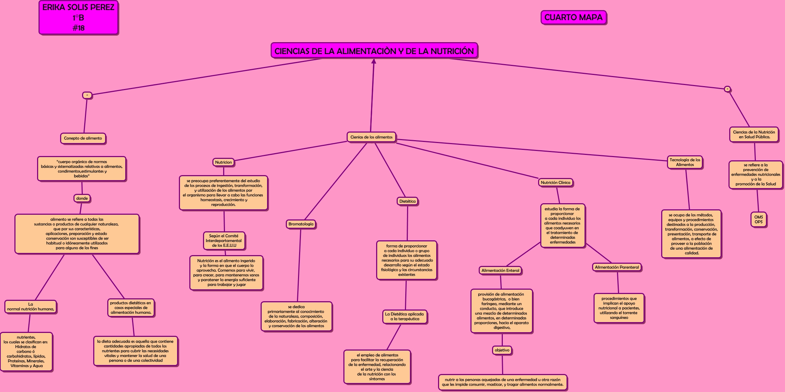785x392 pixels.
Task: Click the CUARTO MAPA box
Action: [573, 17]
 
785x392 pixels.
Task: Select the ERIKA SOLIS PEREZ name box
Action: [78, 18]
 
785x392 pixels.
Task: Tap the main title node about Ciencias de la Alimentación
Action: [374, 51]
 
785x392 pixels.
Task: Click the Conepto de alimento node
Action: [83, 138]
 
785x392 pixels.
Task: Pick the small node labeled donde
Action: [82, 198]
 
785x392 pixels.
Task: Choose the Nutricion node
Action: [223, 162]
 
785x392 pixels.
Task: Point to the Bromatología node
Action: [301, 224]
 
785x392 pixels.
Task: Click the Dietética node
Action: [407, 201]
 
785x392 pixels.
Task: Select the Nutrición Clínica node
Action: [555, 183]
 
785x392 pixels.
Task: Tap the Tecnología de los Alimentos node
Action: [685, 162]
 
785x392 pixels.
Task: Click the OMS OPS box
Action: [758, 219]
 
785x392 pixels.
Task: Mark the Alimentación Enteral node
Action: [500, 271]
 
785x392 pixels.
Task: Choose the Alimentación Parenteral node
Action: [617, 267]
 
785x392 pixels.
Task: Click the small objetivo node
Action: [502, 350]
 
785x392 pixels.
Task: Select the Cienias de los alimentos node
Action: [371, 137]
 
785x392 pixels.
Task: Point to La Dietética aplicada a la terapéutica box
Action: [404, 317]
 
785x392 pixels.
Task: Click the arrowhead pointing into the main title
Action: [374, 61]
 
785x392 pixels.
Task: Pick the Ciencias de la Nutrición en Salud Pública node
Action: [754, 135]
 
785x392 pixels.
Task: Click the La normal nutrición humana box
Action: [31, 307]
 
